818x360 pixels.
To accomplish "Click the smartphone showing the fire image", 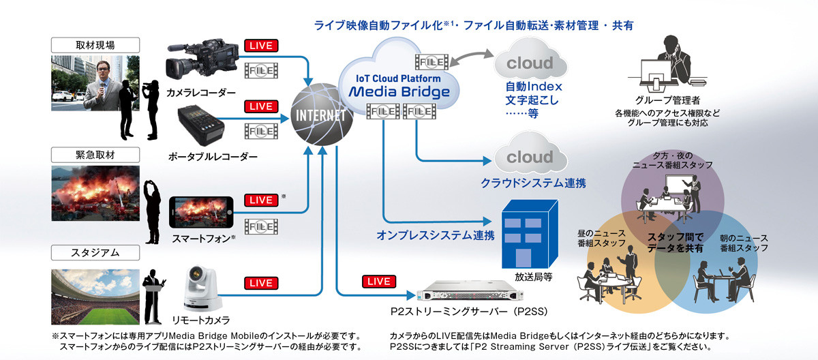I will coord(201,213).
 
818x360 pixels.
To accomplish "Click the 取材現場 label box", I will coord(95,46).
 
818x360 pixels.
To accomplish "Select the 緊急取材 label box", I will coord(95,153).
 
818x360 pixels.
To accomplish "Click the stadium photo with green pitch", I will coord(95,295).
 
